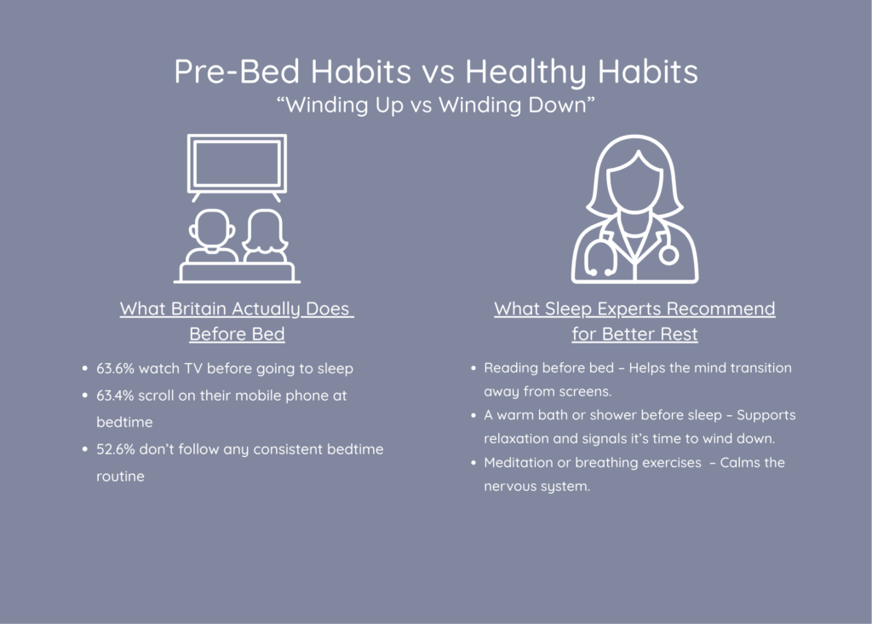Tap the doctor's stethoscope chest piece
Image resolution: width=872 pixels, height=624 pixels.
(x=669, y=256)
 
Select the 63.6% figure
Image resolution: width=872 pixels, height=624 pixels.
(x=115, y=368)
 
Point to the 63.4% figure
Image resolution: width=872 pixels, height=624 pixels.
(x=115, y=396)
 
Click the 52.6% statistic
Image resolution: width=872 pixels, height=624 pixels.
(x=115, y=449)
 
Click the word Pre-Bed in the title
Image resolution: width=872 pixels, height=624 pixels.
(x=238, y=72)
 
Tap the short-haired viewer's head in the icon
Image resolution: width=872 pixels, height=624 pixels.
(x=212, y=228)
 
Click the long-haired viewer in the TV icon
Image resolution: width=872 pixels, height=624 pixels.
(x=266, y=236)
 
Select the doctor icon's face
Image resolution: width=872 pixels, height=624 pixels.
(x=634, y=183)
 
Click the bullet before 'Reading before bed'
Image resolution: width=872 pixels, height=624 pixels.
(x=473, y=368)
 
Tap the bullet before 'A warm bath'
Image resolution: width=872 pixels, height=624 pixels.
(x=473, y=415)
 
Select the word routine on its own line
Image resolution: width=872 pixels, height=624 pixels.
(x=120, y=477)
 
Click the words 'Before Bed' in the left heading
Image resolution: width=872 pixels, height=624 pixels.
(x=237, y=334)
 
